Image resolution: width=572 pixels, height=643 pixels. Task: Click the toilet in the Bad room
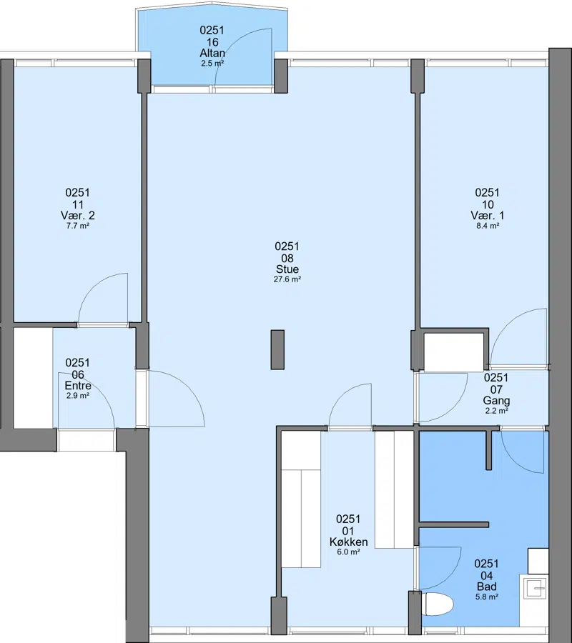coord(438,604)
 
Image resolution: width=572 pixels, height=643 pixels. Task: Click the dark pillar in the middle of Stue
coord(277,350)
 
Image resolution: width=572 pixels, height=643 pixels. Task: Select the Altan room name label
coord(212,54)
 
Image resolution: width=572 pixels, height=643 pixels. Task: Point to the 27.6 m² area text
coord(287,279)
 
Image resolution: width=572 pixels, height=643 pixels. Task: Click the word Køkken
coord(348,542)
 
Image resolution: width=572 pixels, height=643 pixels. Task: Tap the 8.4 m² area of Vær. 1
coord(488,226)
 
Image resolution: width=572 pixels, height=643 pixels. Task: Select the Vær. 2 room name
coord(77,215)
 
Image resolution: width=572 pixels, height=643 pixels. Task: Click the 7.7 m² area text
coord(77,226)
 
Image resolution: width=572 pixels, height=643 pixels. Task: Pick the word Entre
coord(78,386)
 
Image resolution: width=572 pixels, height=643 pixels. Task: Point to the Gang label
coord(496,400)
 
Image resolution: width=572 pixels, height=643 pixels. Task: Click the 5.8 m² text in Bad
coord(487,597)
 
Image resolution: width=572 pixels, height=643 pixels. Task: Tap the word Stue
coord(287,269)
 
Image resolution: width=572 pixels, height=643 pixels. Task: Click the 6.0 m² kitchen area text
coord(348,552)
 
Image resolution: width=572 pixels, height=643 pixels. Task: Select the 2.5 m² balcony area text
coord(212,64)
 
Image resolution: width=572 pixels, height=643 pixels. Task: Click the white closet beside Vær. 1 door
coord(454,352)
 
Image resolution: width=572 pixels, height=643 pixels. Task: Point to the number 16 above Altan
coord(212,42)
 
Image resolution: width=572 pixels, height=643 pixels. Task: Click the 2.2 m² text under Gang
coord(496,411)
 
